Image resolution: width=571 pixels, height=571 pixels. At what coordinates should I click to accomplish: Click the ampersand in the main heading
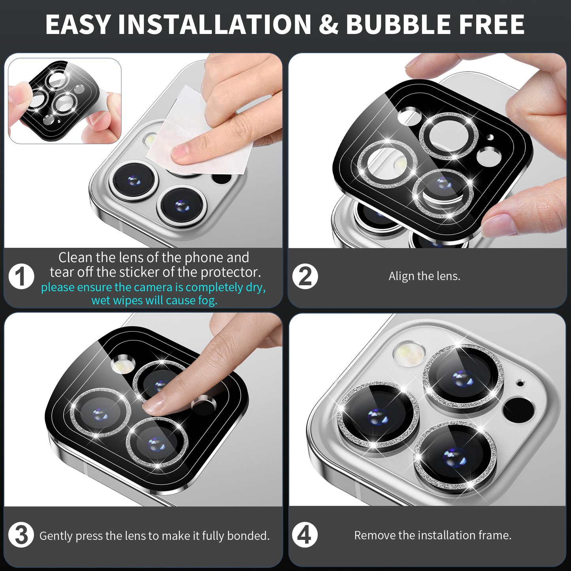[x=329, y=24]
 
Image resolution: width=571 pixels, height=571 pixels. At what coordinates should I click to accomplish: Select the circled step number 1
[x=21, y=276]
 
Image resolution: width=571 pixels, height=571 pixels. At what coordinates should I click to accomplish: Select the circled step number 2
[x=305, y=276]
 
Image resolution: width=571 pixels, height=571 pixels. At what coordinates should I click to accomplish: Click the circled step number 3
[x=21, y=535]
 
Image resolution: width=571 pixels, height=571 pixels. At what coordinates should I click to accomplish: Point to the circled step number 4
[x=305, y=535]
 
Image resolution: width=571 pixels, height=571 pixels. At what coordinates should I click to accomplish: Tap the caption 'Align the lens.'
[x=424, y=276]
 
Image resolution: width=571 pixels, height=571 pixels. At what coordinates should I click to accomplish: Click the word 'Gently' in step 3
[x=56, y=536]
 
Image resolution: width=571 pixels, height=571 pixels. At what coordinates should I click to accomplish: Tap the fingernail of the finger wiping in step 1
[x=180, y=152]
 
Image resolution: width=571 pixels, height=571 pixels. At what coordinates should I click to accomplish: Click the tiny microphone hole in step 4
[x=520, y=384]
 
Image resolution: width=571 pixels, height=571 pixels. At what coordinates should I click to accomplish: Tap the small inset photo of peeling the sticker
[x=64, y=101]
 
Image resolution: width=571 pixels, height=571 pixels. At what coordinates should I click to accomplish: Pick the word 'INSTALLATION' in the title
[x=215, y=24]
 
